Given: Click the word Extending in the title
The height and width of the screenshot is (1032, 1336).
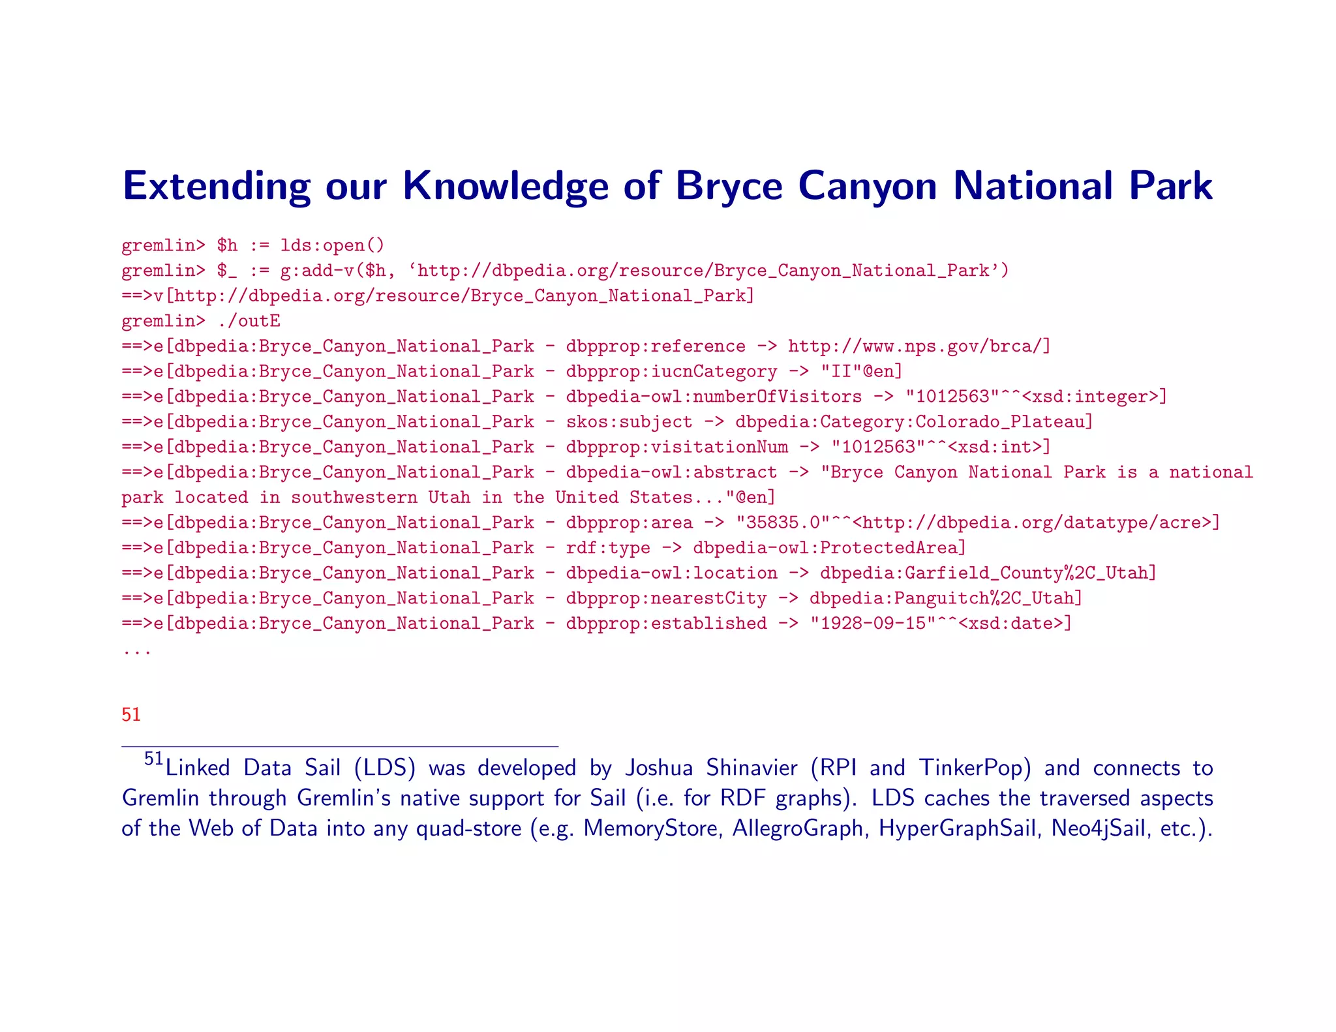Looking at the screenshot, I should tap(216, 187).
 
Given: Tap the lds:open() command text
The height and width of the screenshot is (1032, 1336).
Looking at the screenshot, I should tap(333, 245).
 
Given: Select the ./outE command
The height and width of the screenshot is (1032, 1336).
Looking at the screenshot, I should tap(249, 321).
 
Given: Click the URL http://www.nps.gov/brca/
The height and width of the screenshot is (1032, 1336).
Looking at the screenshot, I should tap(918, 346).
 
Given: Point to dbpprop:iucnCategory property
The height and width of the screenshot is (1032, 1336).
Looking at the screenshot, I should tap(671, 372).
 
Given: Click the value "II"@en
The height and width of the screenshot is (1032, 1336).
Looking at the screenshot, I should tap(861, 372).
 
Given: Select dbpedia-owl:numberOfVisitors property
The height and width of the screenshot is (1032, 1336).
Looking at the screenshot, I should tap(714, 397).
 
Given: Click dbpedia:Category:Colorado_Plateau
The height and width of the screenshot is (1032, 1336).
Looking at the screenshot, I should tap(913, 422).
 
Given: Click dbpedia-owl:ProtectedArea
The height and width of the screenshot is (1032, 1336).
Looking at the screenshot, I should tap(828, 548).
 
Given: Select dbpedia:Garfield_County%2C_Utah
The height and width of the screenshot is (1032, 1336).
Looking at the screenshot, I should tap(988, 573).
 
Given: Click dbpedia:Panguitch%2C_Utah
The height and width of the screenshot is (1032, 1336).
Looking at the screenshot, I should tap(945, 599).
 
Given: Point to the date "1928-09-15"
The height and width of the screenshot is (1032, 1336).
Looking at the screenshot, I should tap(873, 624).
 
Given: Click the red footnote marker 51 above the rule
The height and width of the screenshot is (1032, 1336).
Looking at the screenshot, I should tap(131, 715).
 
